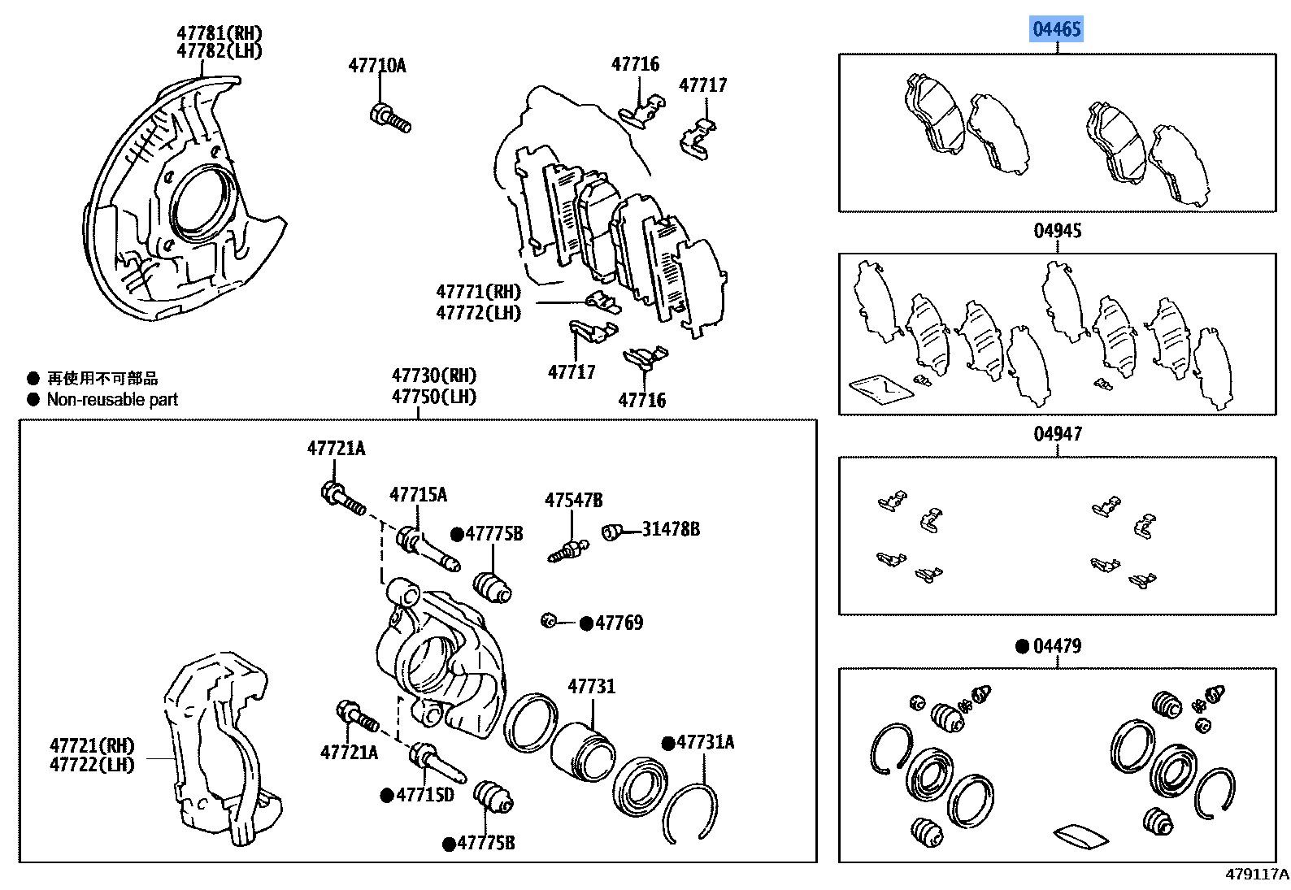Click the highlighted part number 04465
tap(1056, 30)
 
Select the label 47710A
tap(376, 66)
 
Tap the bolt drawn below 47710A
tap(390, 119)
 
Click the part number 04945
tap(1057, 231)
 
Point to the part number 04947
tap(1057, 434)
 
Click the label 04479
tap(1057, 646)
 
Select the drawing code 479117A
tap(1256, 875)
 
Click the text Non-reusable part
tap(112, 399)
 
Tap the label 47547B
tap(573, 501)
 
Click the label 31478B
tap(670, 529)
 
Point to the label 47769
tap(619, 623)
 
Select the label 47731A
tap(705, 742)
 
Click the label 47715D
tap(424, 795)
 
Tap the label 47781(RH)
tap(220, 33)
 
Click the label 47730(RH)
tap(433, 376)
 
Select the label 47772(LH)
tap(478, 313)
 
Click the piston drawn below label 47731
tap(582, 753)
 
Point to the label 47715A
tap(418, 495)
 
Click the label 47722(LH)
tap(92, 765)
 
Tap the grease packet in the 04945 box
tap(880, 389)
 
